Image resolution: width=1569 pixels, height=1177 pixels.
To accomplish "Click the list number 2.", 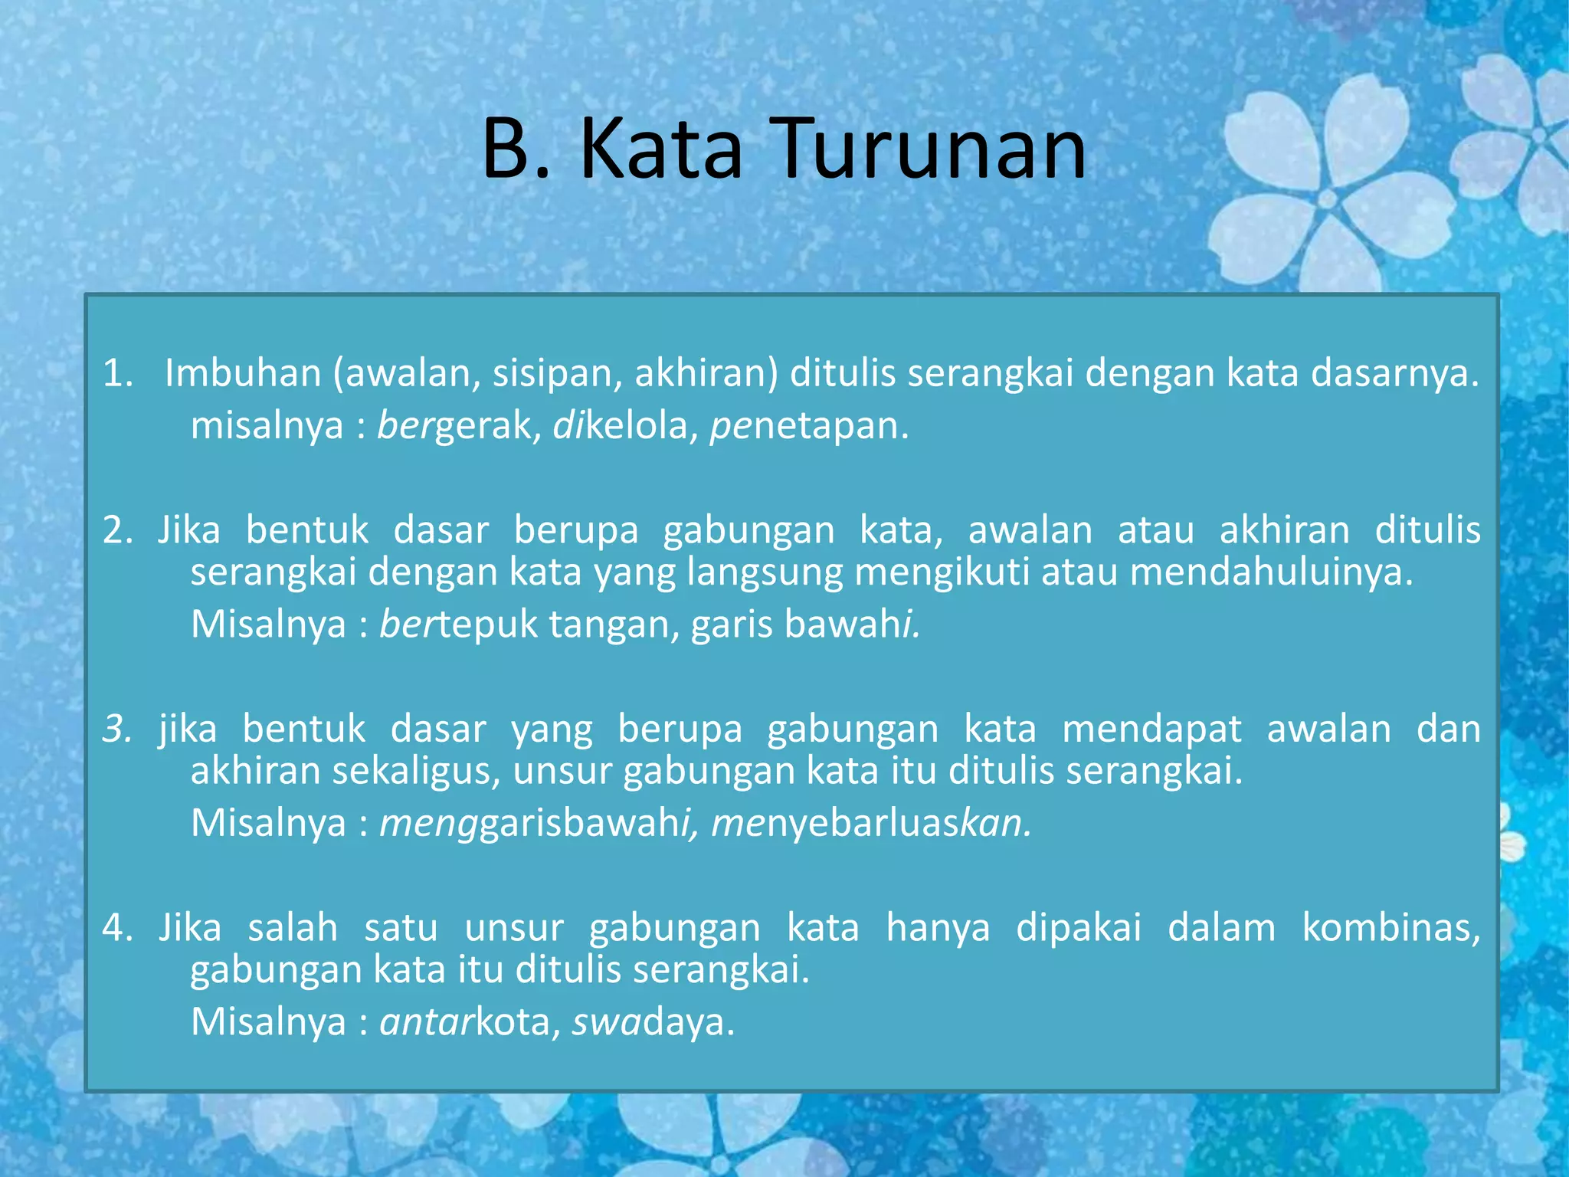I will [116, 530].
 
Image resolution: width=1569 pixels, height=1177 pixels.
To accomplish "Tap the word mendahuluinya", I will [1271, 572].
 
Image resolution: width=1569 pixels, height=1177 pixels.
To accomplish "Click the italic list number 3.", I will [117, 729].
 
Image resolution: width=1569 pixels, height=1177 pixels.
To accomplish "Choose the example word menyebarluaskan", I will [870, 823].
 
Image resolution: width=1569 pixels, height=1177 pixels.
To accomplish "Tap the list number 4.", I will [116, 928].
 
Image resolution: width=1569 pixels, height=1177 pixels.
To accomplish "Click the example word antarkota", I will [464, 1021].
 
